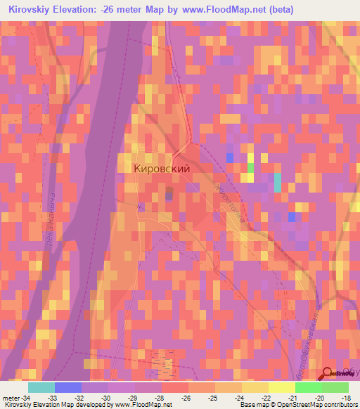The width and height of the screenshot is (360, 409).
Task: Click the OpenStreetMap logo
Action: click(x=337, y=375)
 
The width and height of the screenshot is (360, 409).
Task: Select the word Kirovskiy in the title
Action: click(x=27, y=10)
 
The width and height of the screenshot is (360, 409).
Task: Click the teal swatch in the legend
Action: click(x=41, y=387)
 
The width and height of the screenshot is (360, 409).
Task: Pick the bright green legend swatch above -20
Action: click(x=308, y=387)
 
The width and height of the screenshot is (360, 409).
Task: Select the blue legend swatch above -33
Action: click(x=68, y=387)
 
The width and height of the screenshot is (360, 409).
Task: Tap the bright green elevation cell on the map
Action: click(x=251, y=168)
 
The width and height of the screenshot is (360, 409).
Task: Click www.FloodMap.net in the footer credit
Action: click(x=143, y=405)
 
